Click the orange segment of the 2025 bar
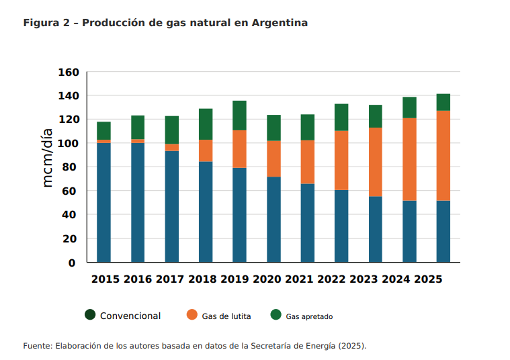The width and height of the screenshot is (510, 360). tap(443, 156)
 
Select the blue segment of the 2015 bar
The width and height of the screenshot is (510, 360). tap(103, 203)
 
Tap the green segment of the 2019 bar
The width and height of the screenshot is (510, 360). tap(239, 116)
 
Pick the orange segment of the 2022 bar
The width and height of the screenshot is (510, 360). tap(341, 161)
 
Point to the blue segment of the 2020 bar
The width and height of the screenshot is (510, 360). tap(273, 220)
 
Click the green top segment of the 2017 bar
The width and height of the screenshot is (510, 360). tap(172, 130)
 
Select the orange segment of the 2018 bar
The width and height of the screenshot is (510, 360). tap(206, 151)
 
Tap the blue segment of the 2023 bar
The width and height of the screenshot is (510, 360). tap(376, 229)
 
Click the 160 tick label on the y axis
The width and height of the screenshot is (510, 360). tap(69, 72)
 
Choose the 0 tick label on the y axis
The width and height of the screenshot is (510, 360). tap(72, 263)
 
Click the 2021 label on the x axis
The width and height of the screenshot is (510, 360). tap(299, 279)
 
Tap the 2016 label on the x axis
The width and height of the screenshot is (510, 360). tap(138, 279)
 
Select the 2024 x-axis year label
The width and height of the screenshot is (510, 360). tap(396, 279)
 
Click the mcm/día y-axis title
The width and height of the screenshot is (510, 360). tap(48, 158)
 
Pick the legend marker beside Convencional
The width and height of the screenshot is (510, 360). tap(90, 314)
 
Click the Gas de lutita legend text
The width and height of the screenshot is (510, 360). tap(226, 316)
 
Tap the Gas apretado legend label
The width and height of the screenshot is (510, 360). tap(309, 316)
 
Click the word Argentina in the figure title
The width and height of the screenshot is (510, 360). tap(280, 23)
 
